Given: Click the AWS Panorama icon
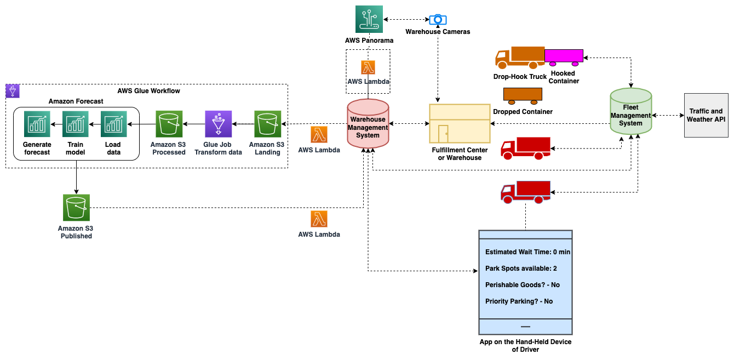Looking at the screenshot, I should click(x=368, y=20).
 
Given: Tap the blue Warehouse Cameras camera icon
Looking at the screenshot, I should click(x=438, y=20).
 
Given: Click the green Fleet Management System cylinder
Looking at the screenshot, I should click(x=630, y=112).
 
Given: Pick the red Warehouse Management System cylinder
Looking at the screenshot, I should click(x=368, y=124).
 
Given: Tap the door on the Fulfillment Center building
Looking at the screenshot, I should click(x=443, y=134).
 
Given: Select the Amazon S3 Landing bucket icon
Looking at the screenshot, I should click(x=267, y=124).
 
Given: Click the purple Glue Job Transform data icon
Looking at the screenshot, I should click(x=219, y=124).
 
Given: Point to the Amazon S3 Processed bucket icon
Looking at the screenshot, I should click(x=169, y=124).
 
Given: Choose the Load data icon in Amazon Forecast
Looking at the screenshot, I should click(x=114, y=124).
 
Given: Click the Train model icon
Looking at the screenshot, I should click(x=76, y=124).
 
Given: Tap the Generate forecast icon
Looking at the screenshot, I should click(x=37, y=124).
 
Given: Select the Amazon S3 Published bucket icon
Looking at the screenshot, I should click(x=76, y=208).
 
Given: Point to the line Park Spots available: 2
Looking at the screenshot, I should click(x=521, y=268).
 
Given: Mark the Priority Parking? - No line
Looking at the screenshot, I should click(x=519, y=301).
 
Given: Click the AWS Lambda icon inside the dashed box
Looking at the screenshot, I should click(x=368, y=67).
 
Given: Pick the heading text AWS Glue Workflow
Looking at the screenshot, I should click(x=148, y=91).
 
